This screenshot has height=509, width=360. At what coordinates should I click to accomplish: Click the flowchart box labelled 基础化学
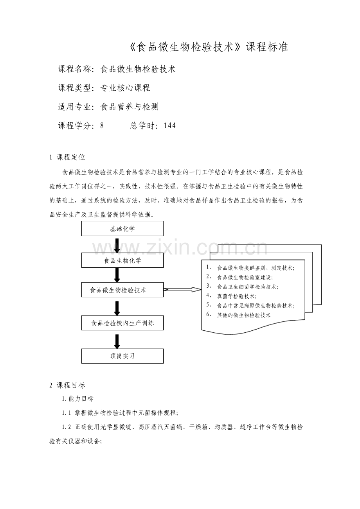122,229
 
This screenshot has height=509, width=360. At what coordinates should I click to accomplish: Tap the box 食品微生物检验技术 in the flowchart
122,290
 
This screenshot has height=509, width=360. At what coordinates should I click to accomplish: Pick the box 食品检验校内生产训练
122,323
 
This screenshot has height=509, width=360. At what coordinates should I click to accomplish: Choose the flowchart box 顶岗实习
122,356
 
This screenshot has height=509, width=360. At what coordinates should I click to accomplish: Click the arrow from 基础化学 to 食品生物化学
117,245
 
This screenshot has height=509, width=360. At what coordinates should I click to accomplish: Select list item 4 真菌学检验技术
237,296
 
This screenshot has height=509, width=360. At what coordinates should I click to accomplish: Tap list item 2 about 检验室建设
245,277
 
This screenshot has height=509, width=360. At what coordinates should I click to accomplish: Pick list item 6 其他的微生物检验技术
243,315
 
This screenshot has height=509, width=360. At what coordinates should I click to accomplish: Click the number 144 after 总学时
170,125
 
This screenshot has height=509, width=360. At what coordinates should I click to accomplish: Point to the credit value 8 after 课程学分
102,125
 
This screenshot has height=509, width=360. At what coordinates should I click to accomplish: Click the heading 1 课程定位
67,157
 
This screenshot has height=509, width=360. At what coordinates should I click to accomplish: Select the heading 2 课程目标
67,385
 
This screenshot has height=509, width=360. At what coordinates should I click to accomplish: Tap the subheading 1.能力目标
77,399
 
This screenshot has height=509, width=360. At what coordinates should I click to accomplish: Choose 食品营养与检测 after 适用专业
130,107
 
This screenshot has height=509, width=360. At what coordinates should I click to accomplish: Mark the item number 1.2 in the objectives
66,427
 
